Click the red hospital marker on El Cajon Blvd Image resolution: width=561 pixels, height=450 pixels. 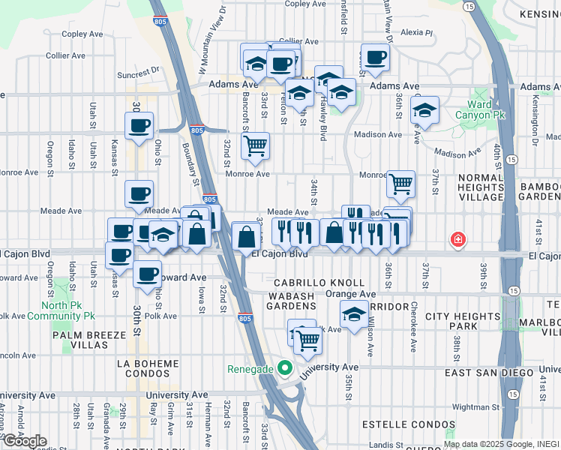pos(456,240)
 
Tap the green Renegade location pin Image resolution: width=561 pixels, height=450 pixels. pos(283,368)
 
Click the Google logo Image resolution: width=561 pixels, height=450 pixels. pos(25,441)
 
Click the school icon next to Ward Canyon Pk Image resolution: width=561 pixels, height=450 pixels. pos(424,111)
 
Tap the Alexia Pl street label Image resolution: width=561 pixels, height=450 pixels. pos(417,32)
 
